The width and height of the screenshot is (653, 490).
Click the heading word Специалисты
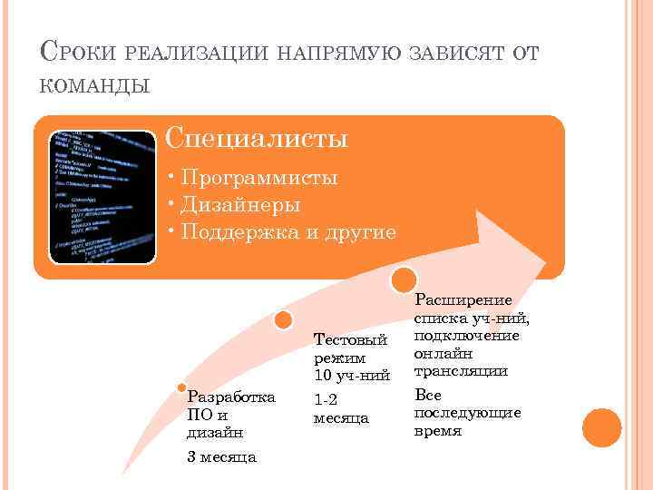click(x=258, y=140)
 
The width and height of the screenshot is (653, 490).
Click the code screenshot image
click(x=102, y=197)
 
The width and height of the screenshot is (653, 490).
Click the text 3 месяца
click(x=221, y=456)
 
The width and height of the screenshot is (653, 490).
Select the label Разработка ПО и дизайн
click(x=229, y=415)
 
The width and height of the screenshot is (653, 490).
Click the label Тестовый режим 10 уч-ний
click(x=351, y=357)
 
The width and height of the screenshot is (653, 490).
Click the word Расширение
click(x=463, y=300)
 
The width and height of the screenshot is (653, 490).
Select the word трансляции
click(x=460, y=371)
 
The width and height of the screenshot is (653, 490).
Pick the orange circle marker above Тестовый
click(x=284, y=319)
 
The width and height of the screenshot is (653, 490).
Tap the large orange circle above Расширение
click(x=404, y=278)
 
